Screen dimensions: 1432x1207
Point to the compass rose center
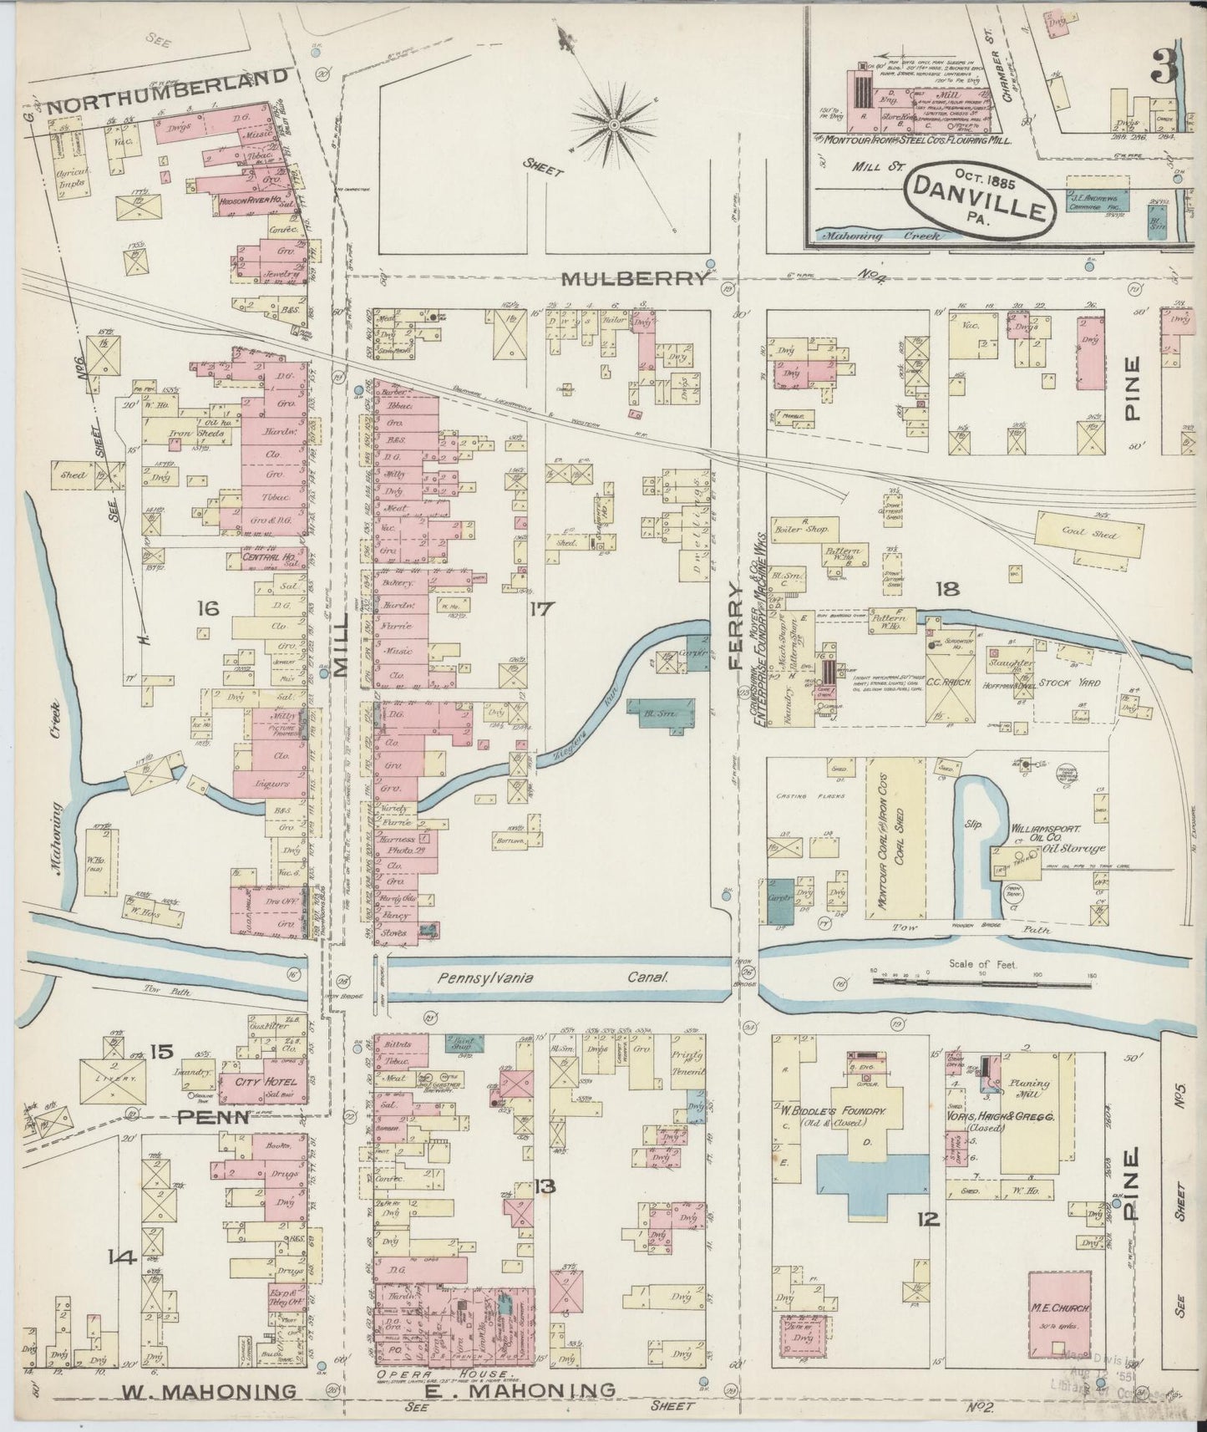[614, 124]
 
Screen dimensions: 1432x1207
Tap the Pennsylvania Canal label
[553, 978]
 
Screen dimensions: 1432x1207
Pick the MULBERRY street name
[633, 280]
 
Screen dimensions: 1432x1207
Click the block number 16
[208, 608]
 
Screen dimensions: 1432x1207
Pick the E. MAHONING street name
[533, 1391]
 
